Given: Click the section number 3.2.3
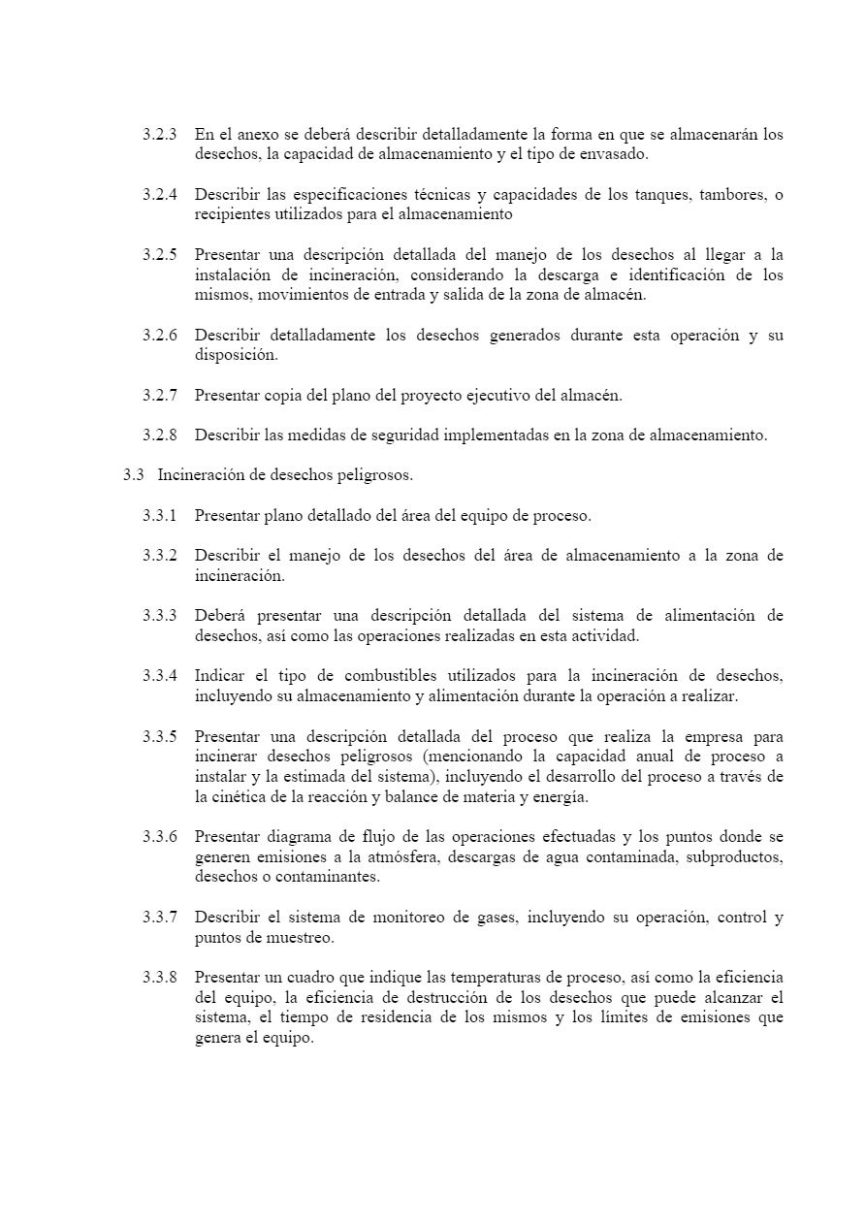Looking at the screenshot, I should pyautogui.click(x=159, y=134).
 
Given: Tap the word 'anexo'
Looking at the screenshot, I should pyautogui.click(x=250, y=134).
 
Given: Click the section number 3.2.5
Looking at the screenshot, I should pyautogui.click(x=159, y=255).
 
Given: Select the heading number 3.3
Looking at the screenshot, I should pyautogui.click(x=133, y=475).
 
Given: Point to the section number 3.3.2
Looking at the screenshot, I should pyautogui.click(x=159, y=556).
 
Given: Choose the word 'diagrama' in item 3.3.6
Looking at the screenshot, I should pyautogui.click(x=297, y=837).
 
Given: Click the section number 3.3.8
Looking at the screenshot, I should pyautogui.click(x=159, y=978).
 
